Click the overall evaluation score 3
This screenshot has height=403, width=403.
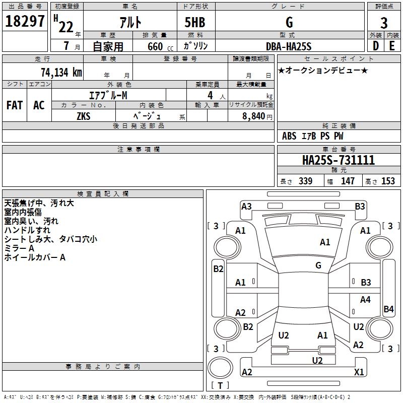pyautogui.click(x=384, y=23)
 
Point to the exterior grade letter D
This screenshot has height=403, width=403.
pyautogui.click(x=375, y=46)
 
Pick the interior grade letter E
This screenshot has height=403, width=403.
pyautogui.click(x=392, y=46)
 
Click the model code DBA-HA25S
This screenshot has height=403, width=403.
pyautogui.click(x=289, y=46)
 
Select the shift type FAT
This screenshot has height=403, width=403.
pyautogui.click(x=15, y=105)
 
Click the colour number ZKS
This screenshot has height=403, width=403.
pyautogui.click(x=84, y=115)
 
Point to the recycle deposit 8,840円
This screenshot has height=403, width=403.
pyautogui.click(x=254, y=116)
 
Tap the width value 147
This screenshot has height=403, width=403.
pyautogui.click(x=348, y=181)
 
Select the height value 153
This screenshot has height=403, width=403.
pyautogui.click(x=388, y=181)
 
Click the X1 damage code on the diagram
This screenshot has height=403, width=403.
pyautogui.click(x=359, y=372)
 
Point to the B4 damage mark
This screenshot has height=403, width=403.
pyautogui.click(x=388, y=309)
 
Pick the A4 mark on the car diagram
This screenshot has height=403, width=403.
pyautogui.click(x=365, y=300)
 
